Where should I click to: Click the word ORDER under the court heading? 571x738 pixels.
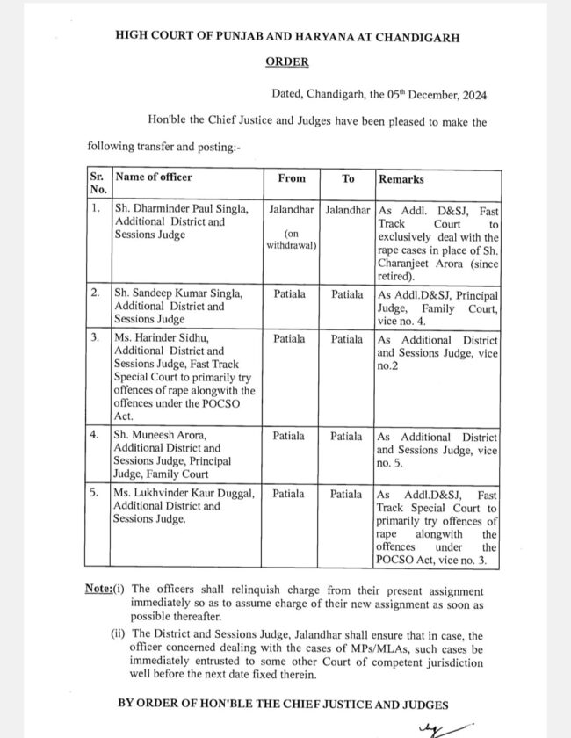287,62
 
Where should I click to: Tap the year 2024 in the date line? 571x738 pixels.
471,95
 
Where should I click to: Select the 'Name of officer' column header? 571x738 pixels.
154,177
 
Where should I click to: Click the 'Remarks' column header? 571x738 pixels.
401,178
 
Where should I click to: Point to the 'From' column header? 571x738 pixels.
292,178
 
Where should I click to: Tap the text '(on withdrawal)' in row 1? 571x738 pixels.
292,239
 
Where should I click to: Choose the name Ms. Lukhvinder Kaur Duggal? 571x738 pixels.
184,494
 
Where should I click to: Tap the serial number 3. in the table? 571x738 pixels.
96,337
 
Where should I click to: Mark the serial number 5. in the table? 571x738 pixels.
96,494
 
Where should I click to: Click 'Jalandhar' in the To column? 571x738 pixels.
348,210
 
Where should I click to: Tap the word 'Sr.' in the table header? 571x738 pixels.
97,177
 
